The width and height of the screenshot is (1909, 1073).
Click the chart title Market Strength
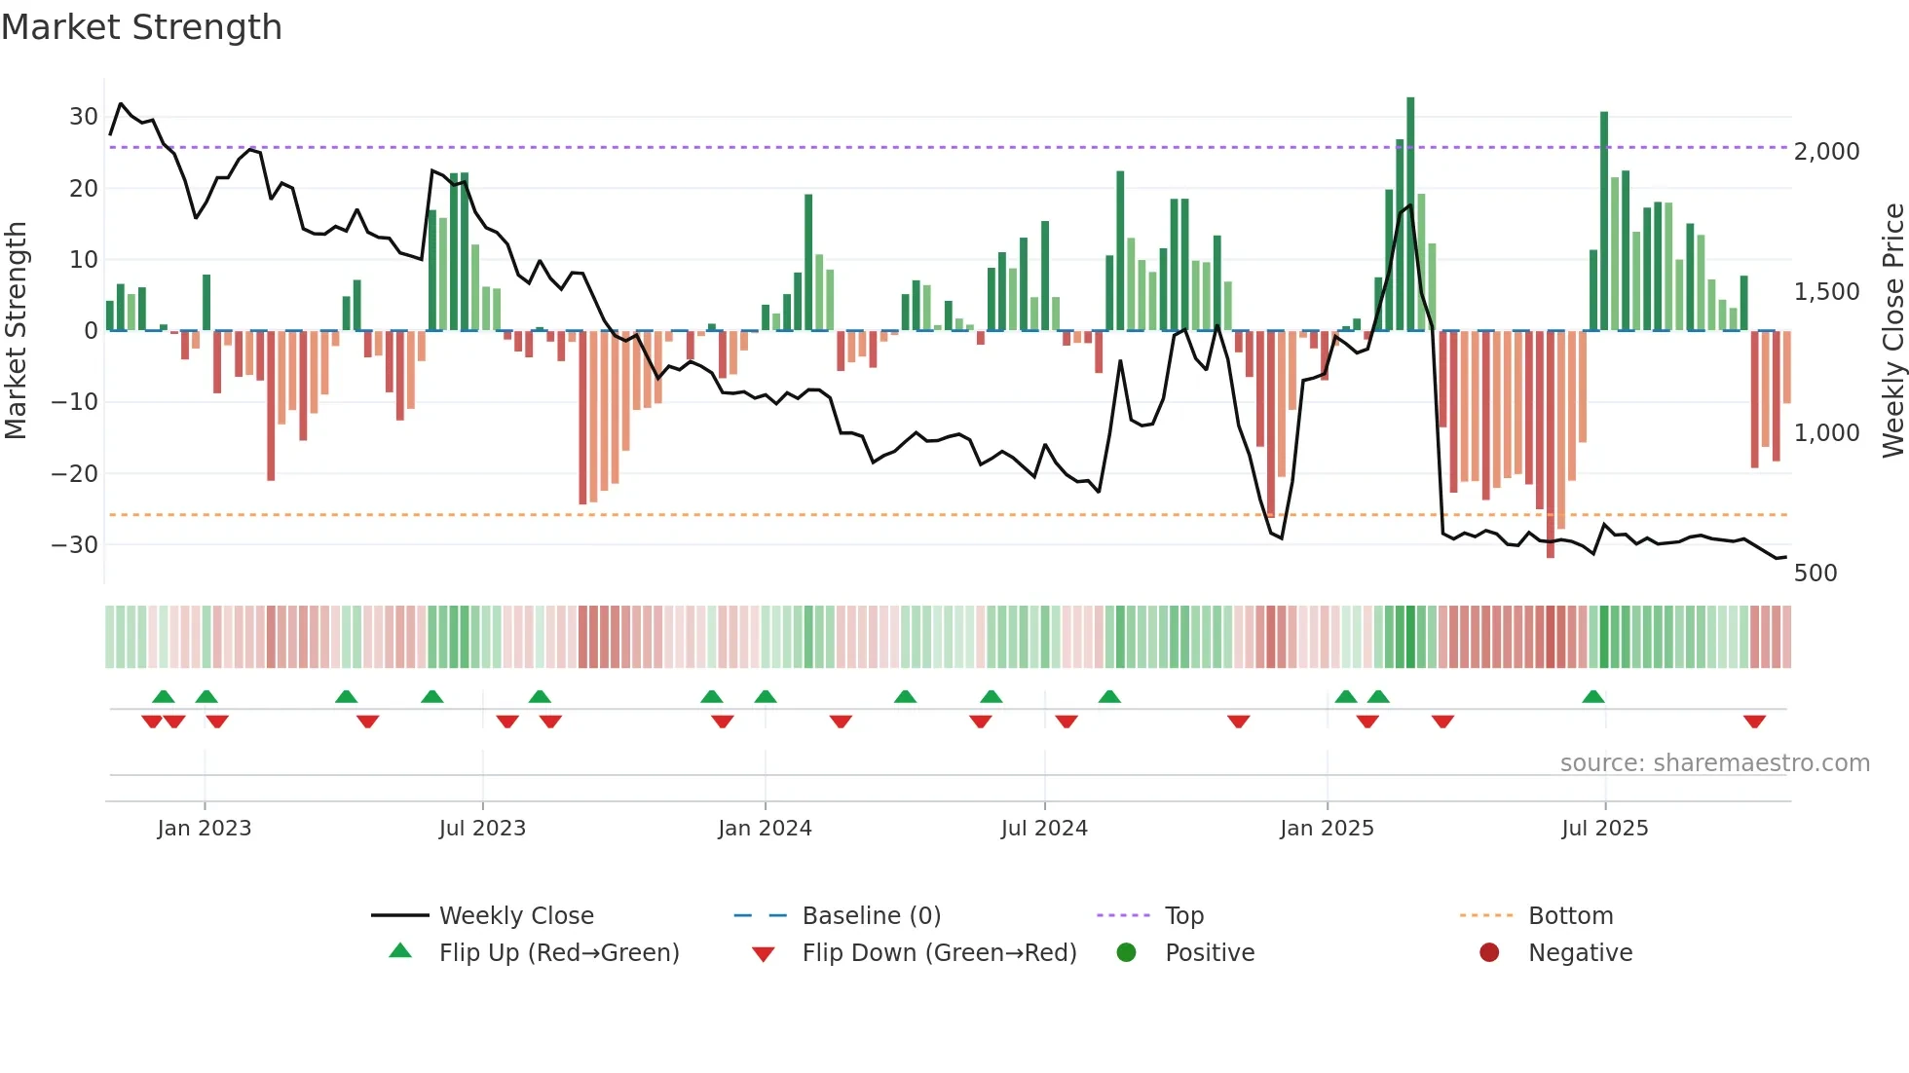coord(141,27)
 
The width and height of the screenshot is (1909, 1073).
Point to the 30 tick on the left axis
coord(84,117)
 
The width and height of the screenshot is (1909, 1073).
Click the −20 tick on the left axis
coord(75,474)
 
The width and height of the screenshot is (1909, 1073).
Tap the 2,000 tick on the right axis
coord(1826,152)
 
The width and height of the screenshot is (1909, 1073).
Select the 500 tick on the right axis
coord(1815,573)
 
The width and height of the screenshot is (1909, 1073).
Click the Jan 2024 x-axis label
coord(765,829)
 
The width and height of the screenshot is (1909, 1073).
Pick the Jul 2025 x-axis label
coord(1604,829)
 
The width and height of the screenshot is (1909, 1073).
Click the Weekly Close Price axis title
coord(1892,331)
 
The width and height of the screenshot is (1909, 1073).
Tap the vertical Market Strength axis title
coord(16,331)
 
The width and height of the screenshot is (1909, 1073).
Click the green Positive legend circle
coord(1127,953)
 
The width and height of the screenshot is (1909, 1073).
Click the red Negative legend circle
coord(1489,953)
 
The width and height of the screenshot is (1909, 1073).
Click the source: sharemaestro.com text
coord(1714,763)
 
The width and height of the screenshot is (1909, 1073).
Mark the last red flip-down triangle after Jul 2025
coord(1754,721)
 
